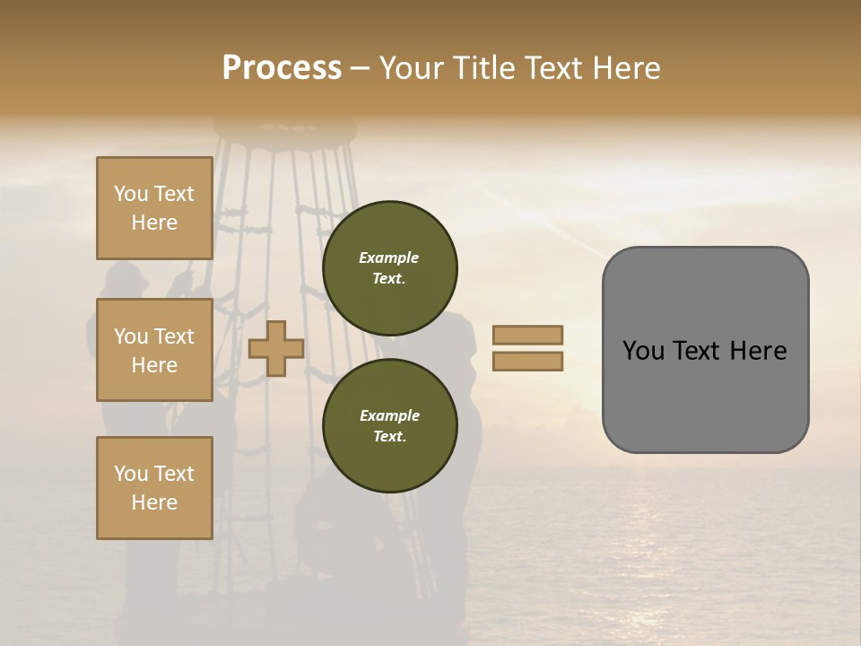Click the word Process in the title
click(x=282, y=68)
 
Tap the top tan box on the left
click(x=154, y=208)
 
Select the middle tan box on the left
click(x=154, y=350)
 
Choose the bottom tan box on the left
click(x=154, y=487)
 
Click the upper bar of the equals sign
click(x=527, y=336)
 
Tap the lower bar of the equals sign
click(x=527, y=362)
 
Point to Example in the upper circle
click(x=389, y=258)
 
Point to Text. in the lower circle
click(x=389, y=437)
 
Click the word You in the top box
click(x=131, y=194)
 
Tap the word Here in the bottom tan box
click(x=154, y=502)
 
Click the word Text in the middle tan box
click(x=174, y=336)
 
